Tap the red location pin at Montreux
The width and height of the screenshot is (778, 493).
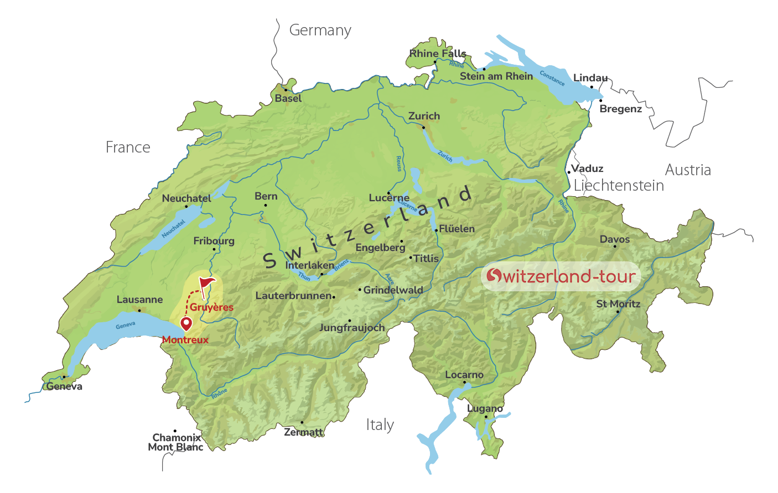click(186, 323)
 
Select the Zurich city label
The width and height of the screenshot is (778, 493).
click(424, 116)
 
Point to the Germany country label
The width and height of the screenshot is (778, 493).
click(320, 30)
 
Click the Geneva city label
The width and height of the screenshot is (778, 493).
click(65, 386)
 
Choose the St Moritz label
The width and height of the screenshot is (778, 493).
click(618, 304)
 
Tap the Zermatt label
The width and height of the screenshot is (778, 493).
click(303, 432)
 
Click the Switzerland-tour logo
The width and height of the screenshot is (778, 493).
click(561, 276)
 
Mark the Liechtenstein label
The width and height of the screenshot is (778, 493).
click(619, 186)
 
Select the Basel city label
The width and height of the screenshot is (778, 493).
click(288, 98)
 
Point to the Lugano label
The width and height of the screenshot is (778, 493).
click(485, 408)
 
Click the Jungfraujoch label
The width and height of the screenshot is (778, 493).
click(352, 328)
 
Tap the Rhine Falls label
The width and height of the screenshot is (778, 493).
click(438, 54)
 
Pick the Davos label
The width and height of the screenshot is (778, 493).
click(615, 239)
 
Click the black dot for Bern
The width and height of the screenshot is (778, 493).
click(266, 206)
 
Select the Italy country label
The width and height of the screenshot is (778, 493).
click(380, 425)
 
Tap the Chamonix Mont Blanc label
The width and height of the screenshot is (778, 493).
click(176, 443)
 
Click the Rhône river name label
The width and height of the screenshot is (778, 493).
click(219, 394)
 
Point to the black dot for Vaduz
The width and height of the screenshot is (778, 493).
click(568, 172)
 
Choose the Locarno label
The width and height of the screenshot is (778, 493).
click(464, 375)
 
